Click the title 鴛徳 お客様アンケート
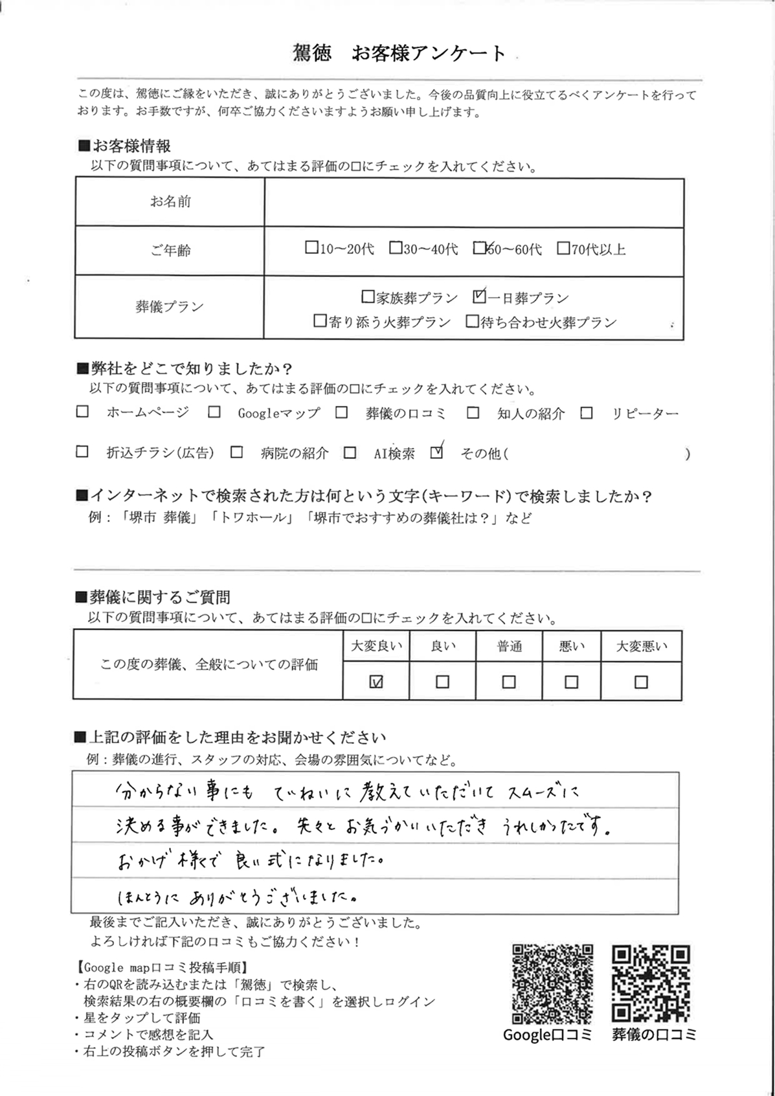click(x=399, y=53)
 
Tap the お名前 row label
click(x=170, y=202)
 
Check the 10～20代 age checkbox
click(x=311, y=247)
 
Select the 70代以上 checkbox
click(x=563, y=248)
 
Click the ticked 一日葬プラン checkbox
click(x=479, y=296)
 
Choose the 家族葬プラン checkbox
click(x=368, y=296)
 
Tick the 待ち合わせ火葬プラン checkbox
click(x=472, y=321)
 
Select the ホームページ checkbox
click(x=82, y=412)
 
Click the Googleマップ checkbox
click(x=214, y=412)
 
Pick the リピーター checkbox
click(x=587, y=412)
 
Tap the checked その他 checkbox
click(x=437, y=453)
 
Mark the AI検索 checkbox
click(x=350, y=453)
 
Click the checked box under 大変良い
click(x=376, y=682)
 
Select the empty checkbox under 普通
click(x=509, y=682)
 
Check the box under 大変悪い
click(x=641, y=682)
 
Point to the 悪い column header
click(x=571, y=646)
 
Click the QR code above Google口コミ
click(x=552, y=983)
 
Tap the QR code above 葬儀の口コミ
click(x=651, y=983)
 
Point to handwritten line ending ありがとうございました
click(x=236, y=897)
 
